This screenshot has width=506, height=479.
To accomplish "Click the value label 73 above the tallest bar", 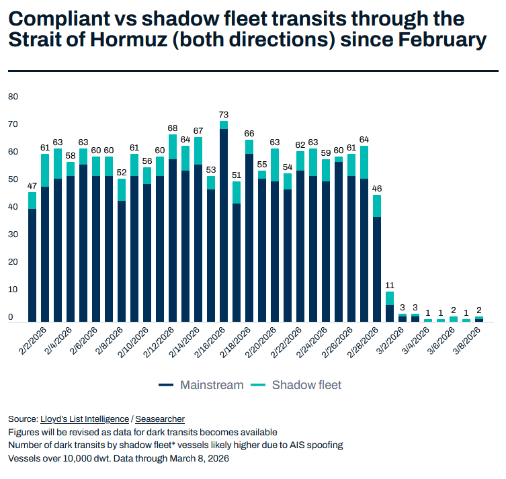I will point(224,114).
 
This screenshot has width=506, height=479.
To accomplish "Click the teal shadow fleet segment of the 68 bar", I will point(173,146).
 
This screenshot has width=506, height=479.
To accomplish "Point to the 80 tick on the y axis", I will point(12,96).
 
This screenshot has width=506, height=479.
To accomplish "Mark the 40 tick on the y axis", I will point(12,207).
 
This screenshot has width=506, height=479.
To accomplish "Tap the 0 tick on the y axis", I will point(11,317).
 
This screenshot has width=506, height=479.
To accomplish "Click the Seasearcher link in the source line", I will point(160,419).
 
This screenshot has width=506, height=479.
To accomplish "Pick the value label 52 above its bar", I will point(122,173).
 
